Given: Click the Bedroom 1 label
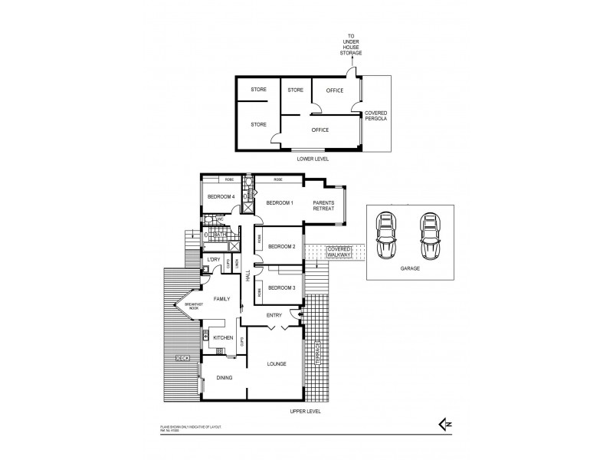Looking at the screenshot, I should point(279,202).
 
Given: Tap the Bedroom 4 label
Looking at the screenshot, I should point(221,197).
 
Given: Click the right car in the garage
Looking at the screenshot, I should point(430,238).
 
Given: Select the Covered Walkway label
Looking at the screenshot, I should point(339,253).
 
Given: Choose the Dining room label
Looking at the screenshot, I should point(224,377).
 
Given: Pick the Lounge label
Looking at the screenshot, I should point(277,363).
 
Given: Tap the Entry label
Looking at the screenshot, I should point(274,315).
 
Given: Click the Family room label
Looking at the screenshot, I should point(222,299).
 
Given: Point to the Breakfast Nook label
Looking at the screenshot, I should point(191,307).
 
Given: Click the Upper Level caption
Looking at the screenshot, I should point(306,412).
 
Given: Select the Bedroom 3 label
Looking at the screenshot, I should point(282,287).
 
